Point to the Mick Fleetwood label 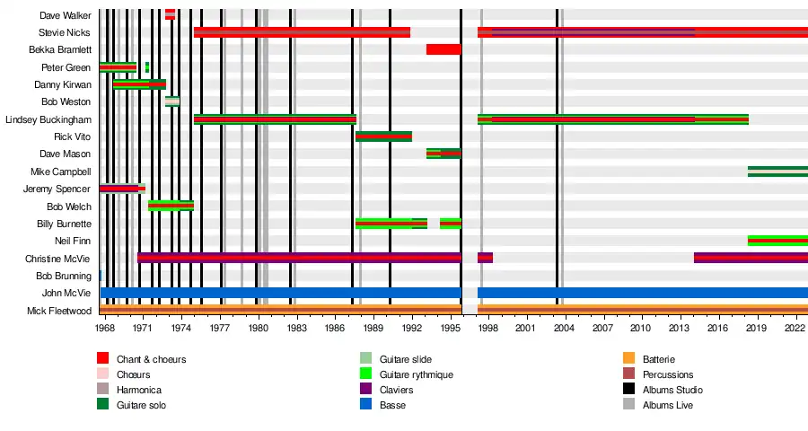point(61,311)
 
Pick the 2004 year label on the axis point(564,329)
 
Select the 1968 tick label point(105,329)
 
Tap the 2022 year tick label point(794,329)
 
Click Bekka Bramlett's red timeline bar point(444,49)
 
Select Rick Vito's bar point(383,136)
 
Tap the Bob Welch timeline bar point(171,206)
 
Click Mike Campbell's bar point(777,172)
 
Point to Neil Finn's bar point(777,241)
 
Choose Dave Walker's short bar point(170,14)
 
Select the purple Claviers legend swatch point(366,390)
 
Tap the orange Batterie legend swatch point(628,359)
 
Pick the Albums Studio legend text point(672,390)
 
